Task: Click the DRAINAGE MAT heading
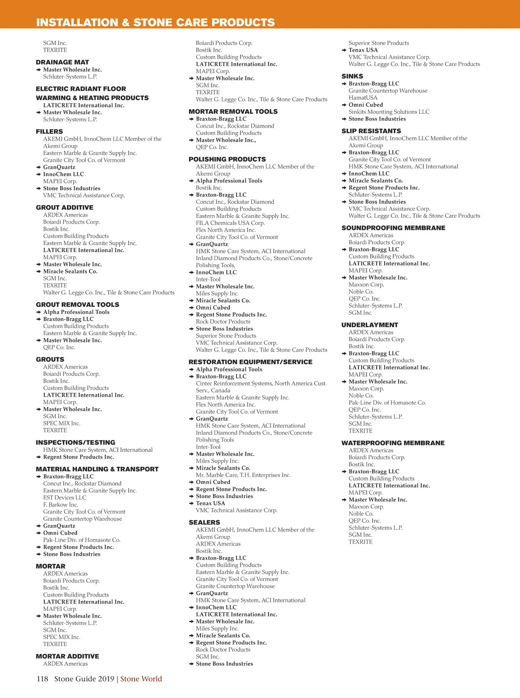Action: pos(62,62)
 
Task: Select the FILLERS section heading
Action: pos(49,131)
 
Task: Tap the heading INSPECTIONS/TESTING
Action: pos(75,443)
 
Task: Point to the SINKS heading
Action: pos(352,76)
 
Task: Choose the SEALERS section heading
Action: pos(204,522)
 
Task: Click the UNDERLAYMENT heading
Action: pos(370,325)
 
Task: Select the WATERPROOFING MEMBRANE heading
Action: pos(393,443)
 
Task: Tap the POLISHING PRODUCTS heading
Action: pos(227,160)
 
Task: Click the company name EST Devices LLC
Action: pos(65,498)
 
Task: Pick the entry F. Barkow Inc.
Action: pos(61,505)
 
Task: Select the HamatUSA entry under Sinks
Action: pos(363,98)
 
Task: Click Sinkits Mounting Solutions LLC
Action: pos(389,112)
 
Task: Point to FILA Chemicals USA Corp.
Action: pos(230,223)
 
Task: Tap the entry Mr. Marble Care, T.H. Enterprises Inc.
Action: pos(243,475)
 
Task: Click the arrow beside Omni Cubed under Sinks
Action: pos(344,105)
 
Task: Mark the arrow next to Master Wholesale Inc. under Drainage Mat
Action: pos(39,70)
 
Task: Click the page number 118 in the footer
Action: pos(42,679)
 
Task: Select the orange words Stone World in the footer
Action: pos(141,679)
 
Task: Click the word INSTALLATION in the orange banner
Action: pos(77,23)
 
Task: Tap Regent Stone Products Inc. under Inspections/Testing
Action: pos(78,457)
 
